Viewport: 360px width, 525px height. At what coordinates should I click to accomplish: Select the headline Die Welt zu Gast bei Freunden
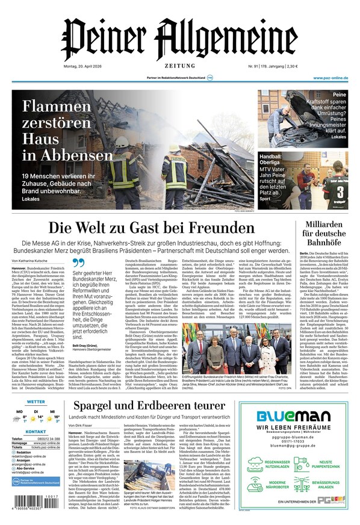click(x=151, y=228)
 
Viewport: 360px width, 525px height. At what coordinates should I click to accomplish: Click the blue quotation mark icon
click(x=78, y=263)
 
